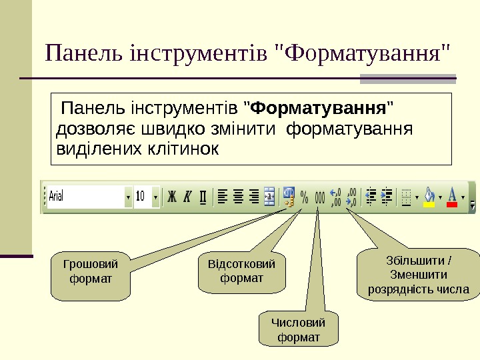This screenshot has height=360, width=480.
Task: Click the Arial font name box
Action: click(x=85, y=197)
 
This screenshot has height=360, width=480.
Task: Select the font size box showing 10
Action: click(x=142, y=197)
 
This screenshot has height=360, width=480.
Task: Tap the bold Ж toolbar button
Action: click(x=172, y=197)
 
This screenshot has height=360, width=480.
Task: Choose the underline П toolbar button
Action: click(x=203, y=197)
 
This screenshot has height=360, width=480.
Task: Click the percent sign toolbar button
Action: click(x=304, y=197)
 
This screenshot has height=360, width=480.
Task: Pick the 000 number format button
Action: click(x=319, y=197)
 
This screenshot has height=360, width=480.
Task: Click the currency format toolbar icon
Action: click(x=289, y=197)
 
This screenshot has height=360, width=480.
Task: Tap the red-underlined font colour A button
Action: click(x=452, y=197)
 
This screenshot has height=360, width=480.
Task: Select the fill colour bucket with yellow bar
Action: click(x=429, y=197)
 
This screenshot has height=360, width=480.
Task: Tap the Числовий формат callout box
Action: click(x=298, y=330)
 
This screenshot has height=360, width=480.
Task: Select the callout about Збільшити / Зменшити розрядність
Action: click(x=419, y=274)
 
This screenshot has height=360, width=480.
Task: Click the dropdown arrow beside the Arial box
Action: click(x=128, y=197)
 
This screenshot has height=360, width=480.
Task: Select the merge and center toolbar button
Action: click(x=269, y=197)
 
